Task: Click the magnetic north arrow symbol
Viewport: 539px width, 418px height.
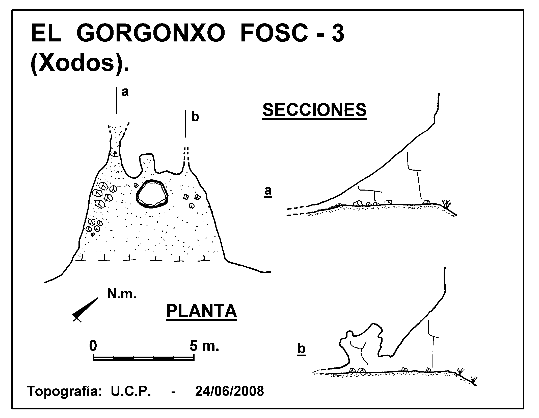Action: [85, 310]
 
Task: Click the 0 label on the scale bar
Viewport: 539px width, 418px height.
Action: [93, 345]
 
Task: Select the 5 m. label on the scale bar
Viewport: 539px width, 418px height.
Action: [204, 345]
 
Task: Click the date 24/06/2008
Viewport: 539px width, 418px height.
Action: [230, 391]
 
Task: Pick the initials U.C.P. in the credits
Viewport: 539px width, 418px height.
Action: [131, 391]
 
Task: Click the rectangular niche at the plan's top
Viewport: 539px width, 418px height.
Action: [147, 162]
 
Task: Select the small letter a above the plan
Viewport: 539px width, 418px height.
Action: [125, 92]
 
